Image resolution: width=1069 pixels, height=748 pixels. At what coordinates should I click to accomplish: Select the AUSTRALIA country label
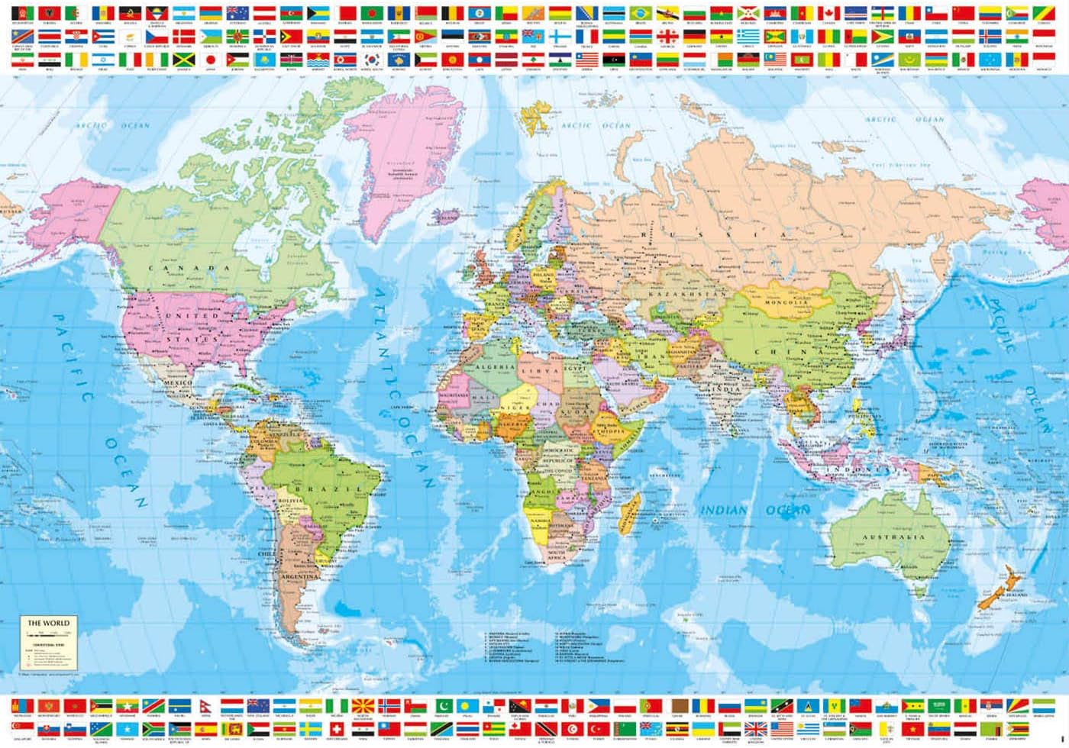(893, 537)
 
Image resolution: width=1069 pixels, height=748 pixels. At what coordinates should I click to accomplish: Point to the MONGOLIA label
(786, 302)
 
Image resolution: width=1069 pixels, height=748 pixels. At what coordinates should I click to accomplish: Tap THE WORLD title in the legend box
(48, 623)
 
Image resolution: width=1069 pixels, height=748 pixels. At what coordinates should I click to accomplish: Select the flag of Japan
(212, 60)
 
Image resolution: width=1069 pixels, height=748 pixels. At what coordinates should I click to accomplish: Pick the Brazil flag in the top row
(640, 13)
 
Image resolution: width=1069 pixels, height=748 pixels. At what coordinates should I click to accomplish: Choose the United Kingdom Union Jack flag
(755, 730)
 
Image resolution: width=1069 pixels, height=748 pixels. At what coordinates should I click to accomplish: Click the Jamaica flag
(183, 60)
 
